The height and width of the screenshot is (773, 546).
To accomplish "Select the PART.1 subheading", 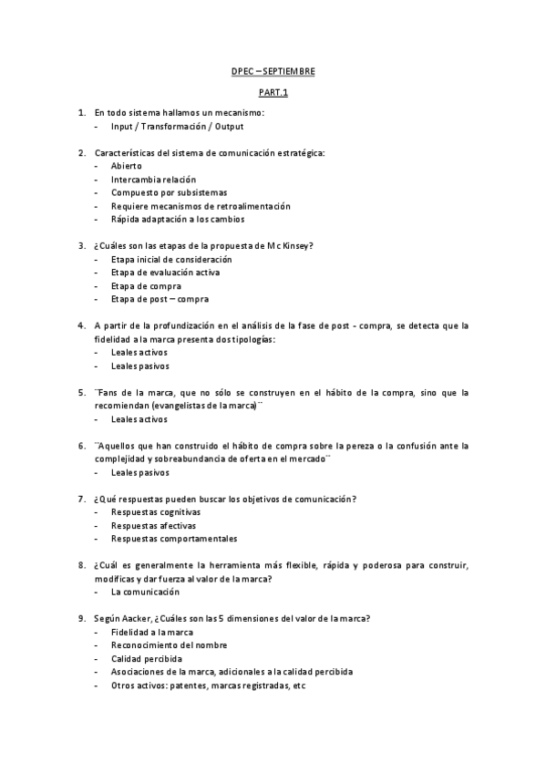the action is [273, 92].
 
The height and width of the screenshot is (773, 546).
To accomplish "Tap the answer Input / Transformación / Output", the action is [171, 127].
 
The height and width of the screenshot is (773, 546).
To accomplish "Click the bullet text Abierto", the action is [127, 167].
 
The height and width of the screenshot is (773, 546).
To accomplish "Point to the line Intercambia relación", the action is [153, 180].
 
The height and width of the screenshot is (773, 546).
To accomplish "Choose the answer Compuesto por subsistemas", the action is [170, 193].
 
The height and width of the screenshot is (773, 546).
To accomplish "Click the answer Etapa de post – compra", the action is [160, 299].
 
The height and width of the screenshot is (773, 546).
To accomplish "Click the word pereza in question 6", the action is [351, 446].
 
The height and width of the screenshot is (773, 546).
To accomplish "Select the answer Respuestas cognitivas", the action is [156, 512].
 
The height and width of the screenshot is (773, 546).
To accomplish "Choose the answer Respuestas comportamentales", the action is [173, 539].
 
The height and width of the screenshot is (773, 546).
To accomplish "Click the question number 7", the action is [82, 499].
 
